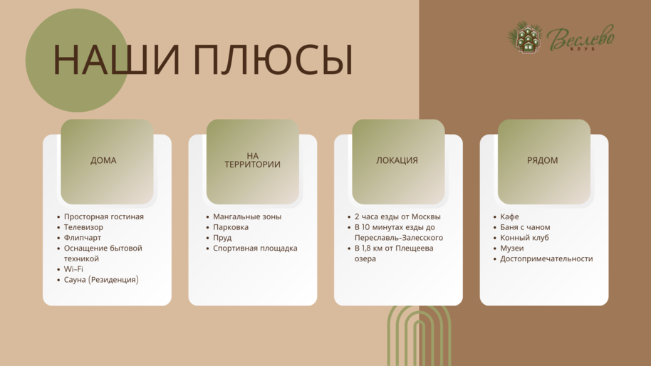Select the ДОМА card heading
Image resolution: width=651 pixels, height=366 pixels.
[x=103, y=161]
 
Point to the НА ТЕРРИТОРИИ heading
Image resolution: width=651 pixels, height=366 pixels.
[x=252, y=160]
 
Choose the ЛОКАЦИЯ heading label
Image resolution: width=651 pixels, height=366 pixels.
[x=397, y=161]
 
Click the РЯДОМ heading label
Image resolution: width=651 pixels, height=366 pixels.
[x=542, y=161]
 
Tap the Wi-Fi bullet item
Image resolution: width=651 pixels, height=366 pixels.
[x=73, y=269]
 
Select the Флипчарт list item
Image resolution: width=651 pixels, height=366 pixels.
[x=82, y=238]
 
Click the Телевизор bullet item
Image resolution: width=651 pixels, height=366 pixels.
[x=83, y=227]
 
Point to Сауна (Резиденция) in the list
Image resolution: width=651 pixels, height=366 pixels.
[x=101, y=280]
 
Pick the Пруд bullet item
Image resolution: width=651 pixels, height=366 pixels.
[x=222, y=238]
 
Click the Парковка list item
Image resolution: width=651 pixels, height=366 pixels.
[x=231, y=227]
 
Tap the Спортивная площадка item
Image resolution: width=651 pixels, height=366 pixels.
[x=255, y=248]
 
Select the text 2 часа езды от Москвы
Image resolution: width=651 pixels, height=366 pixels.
[x=397, y=216]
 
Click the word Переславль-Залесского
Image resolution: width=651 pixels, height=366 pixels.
[x=399, y=238]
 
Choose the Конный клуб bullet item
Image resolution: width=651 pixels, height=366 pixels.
[x=524, y=238]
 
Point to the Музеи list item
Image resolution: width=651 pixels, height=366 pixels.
[x=511, y=248]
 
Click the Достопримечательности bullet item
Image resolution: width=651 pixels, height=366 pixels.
[x=546, y=258]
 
